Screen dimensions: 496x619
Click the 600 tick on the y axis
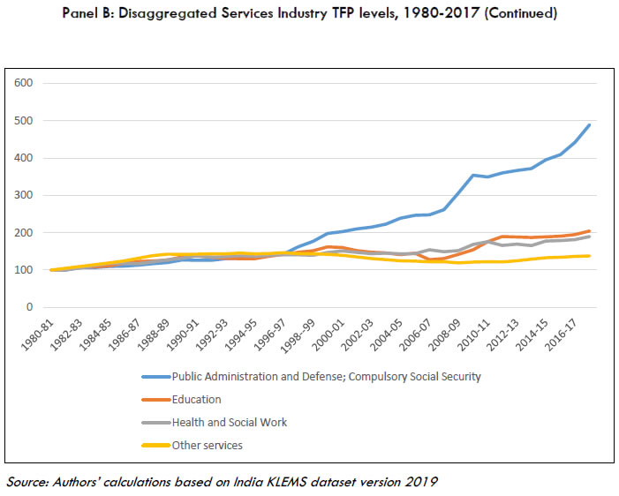(x=24, y=83)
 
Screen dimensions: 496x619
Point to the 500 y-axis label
(x=24, y=121)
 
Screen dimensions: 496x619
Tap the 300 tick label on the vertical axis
(x=24, y=195)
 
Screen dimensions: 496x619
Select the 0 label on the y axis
(x=29, y=307)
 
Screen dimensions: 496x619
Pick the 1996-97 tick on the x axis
(x=275, y=334)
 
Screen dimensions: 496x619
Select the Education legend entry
(x=196, y=400)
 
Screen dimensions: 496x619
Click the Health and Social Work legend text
(x=230, y=423)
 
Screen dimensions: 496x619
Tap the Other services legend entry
(x=207, y=446)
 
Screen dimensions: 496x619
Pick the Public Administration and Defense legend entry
(x=327, y=377)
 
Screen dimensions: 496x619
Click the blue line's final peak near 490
(x=590, y=125)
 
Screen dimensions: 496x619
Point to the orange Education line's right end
(x=590, y=231)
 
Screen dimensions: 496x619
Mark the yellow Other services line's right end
(x=590, y=256)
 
